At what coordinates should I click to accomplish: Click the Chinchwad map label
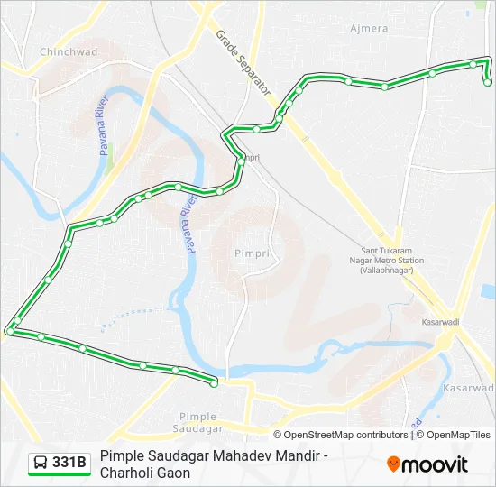[x=69, y=52]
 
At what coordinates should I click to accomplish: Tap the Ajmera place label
[x=369, y=29]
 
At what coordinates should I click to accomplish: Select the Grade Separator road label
[x=243, y=63]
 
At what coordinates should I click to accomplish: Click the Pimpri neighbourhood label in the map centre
[x=252, y=253]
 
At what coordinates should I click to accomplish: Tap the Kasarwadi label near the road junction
[x=441, y=320]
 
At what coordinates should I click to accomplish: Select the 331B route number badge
[x=69, y=463]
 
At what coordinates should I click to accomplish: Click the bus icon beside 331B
[x=41, y=463]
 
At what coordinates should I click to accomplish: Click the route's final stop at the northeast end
[x=488, y=82]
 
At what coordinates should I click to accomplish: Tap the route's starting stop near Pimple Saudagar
[x=214, y=384]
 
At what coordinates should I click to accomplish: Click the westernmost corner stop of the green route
[x=9, y=332]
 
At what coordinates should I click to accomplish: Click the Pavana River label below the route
[x=191, y=225]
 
